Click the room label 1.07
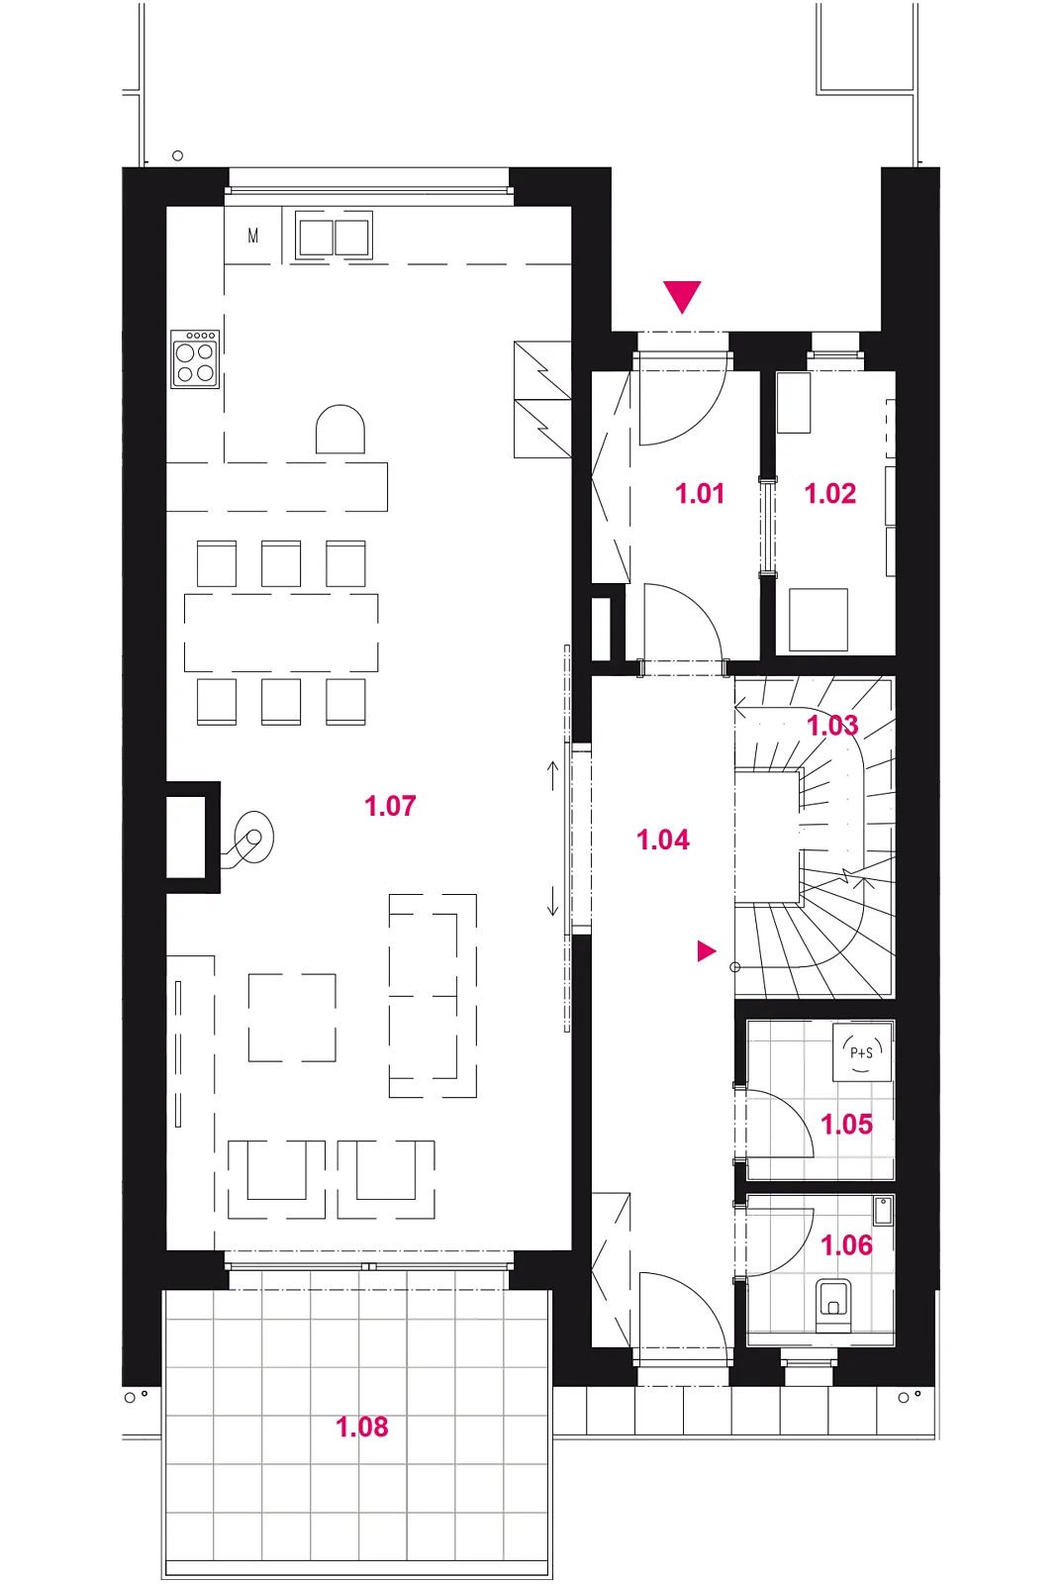pyautogui.click(x=390, y=806)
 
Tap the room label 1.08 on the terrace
pyautogui.click(x=361, y=1427)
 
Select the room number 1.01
pyautogui.click(x=700, y=493)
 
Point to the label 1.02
pyautogui.click(x=830, y=493)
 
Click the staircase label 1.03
pyautogui.click(x=832, y=725)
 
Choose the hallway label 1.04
pyautogui.click(x=662, y=840)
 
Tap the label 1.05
pyautogui.click(x=846, y=1124)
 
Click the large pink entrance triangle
pyautogui.click(x=682, y=296)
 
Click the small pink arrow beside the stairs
pyautogui.click(x=707, y=951)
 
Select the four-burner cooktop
pyautogui.click(x=194, y=358)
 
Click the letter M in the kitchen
pyautogui.click(x=253, y=236)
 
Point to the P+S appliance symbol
pyautogui.click(x=862, y=1052)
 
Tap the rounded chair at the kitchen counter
pyautogui.click(x=340, y=430)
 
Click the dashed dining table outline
pyautogui.click(x=281, y=633)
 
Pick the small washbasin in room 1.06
pyautogui.click(x=883, y=1212)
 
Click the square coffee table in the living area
pyautogui.click(x=292, y=1018)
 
